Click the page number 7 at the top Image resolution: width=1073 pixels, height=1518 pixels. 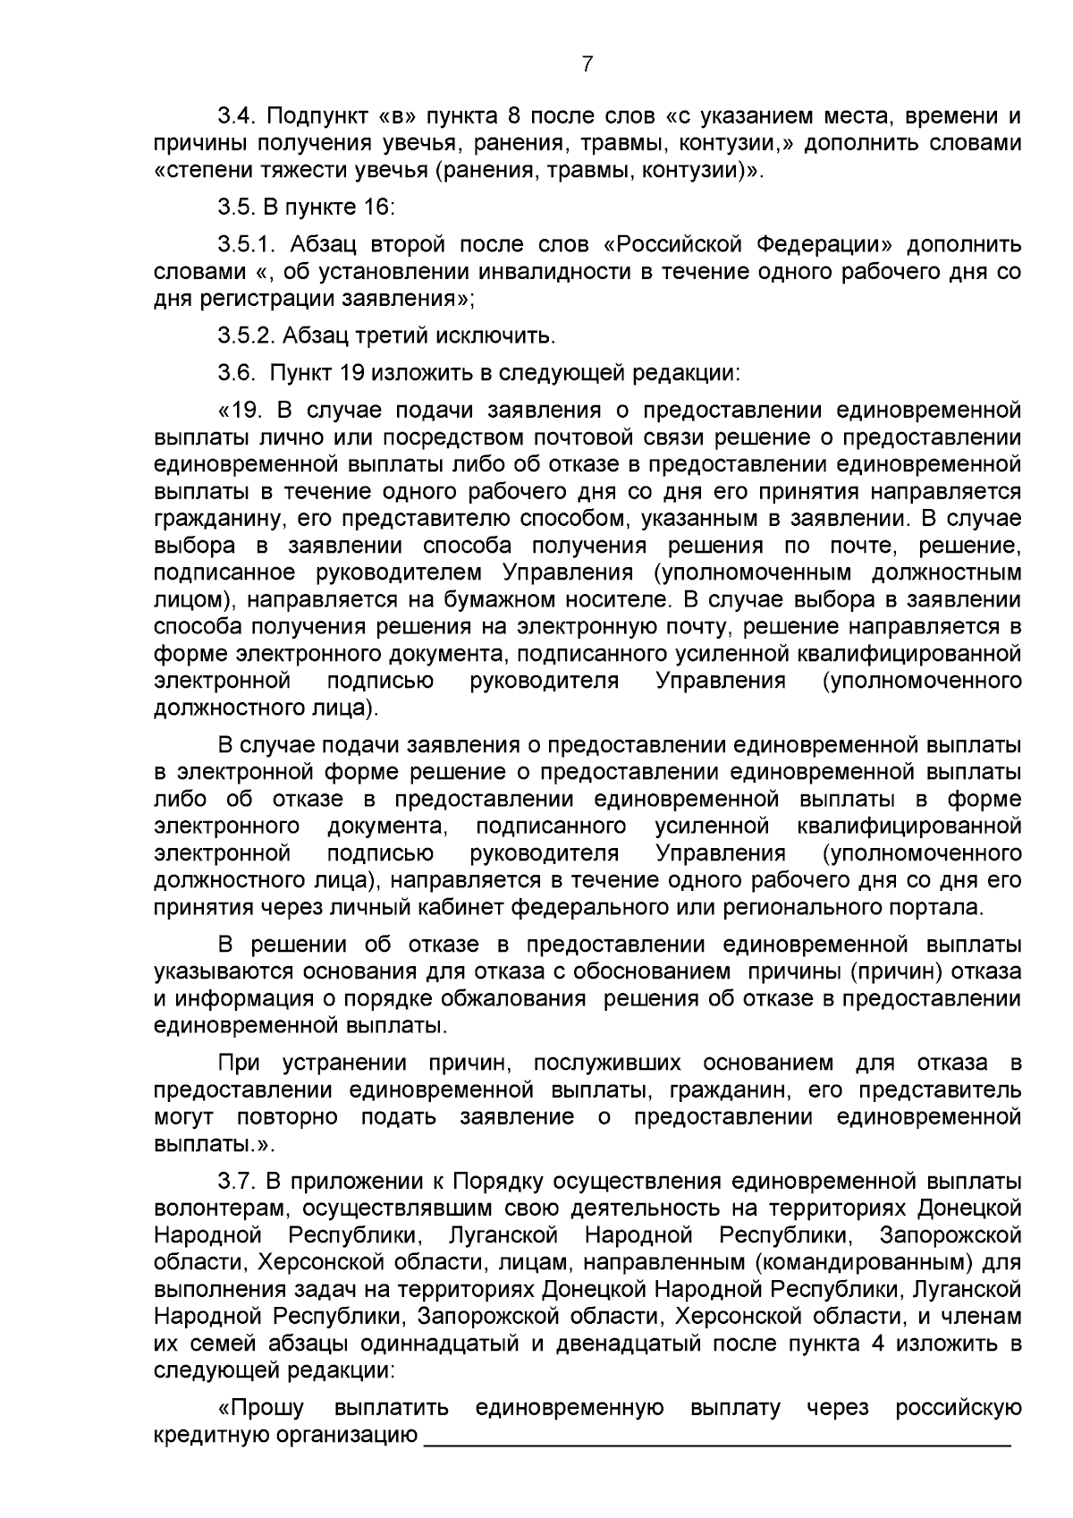587,64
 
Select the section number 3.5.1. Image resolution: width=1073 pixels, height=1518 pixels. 247,245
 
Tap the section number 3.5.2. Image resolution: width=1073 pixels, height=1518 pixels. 247,336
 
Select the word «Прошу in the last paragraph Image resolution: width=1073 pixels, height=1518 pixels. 261,1408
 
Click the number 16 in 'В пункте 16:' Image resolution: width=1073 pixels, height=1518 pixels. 378,208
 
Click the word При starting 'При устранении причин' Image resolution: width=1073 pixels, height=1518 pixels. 239,1063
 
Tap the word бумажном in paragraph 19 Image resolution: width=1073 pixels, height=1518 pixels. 503,599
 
